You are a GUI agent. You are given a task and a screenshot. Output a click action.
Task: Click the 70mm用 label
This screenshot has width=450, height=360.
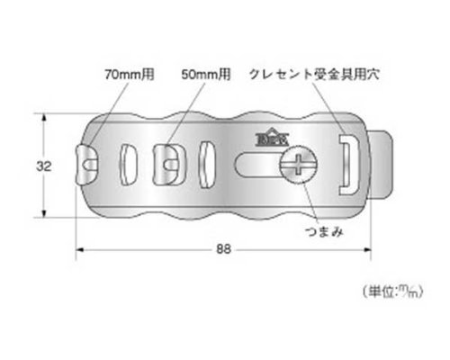pos(130,74)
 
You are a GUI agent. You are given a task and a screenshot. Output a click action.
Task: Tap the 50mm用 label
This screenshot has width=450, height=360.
pos(206,74)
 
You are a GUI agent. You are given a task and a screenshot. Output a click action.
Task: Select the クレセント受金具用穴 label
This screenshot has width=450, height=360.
pos(314,74)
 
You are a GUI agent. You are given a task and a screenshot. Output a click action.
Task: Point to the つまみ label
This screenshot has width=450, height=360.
pos(324,231)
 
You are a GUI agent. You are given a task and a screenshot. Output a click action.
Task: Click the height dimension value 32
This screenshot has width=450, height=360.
pos(44,166)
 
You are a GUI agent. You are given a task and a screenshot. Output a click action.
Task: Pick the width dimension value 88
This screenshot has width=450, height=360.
pos(223,249)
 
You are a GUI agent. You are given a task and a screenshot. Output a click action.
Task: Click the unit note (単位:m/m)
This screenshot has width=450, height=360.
pos(393,292)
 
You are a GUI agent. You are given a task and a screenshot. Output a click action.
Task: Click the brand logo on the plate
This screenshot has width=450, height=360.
pos(272,137)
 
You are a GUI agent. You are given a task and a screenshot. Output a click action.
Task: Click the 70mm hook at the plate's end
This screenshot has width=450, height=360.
pos(86,164)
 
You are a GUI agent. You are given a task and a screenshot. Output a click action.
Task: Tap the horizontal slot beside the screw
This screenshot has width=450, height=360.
pos(256,164)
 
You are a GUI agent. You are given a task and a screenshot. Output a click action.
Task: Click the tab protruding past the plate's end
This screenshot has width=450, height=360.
pos(381,165)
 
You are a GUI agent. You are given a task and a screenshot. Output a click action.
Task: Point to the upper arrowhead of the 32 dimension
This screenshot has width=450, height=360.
pos(44,117)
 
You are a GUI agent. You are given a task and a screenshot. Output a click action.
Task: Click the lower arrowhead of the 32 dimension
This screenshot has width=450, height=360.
pos(44,213)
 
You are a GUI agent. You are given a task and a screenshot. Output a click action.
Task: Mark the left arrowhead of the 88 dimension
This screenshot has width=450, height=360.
pos(79,249)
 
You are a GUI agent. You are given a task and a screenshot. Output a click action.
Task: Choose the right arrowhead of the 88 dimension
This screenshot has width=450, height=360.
pos(367,249)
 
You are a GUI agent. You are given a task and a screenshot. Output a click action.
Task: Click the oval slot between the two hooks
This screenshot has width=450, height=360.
pos(128,165)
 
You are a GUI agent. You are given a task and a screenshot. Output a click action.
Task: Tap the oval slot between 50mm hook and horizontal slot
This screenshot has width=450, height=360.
pos(207,165)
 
